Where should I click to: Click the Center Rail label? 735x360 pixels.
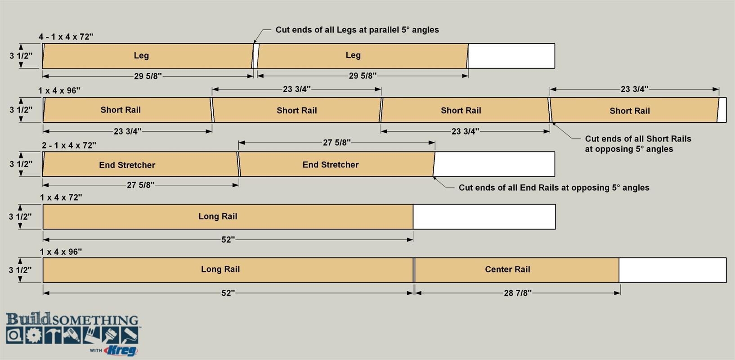coord(507,270)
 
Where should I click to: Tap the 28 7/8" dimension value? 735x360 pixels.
coord(517,293)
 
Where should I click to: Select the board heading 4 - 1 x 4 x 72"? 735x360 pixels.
coord(66,37)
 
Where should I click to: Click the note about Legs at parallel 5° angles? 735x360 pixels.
coord(357,30)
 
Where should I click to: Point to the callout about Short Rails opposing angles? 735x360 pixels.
coord(638,144)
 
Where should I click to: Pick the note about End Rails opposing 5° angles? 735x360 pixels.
coord(554,188)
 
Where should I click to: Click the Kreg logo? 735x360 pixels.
coord(121,351)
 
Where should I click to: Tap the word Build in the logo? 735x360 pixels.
coord(28,319)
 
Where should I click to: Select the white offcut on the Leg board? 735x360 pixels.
coord(511,56)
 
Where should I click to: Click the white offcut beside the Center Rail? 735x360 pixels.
coord(672,270)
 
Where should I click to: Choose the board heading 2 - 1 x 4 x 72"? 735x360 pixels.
coord(69,145)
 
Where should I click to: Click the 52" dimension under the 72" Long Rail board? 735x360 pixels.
coord(228,239)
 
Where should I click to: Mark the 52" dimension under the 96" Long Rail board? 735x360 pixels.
coord(228,293)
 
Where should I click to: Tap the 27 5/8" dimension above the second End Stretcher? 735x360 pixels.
coord(336,143)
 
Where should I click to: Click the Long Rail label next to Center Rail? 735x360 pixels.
coord(220,270)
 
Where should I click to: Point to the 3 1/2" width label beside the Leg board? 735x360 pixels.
coord(21,56)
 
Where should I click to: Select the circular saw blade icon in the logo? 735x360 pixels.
coord(34,335)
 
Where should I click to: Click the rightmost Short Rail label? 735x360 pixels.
coord(630,111)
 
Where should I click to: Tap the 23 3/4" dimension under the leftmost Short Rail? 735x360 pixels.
coord(127,131)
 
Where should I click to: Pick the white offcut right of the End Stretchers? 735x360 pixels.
coord(494,164)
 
